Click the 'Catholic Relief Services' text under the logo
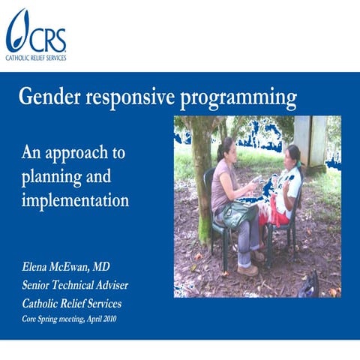pyautogui.click(x=35, y=57)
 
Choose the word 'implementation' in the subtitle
pyautogui.click(x=75, y=201)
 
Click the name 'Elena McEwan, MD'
pyautogui.click(x=71, y=266)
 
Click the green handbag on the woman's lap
pyautogui.click(x=239, y=216)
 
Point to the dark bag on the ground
pyautogui.click(x=308, y=284)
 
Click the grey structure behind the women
pyautogui.click(x=315, y=142)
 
